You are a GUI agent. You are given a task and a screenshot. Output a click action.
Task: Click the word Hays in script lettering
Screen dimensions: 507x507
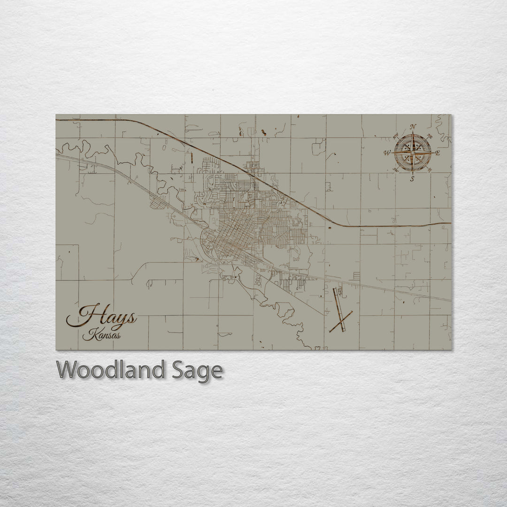(x=102, y=316)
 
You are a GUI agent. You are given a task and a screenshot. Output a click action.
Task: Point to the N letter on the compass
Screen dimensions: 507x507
(x=413, y=127)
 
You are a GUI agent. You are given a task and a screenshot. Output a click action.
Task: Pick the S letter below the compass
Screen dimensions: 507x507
(x=412, y=179)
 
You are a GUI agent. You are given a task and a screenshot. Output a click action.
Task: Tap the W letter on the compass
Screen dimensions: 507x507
(x=387, y=153)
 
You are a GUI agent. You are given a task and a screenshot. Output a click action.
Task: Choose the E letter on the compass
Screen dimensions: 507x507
(x=438, y=153)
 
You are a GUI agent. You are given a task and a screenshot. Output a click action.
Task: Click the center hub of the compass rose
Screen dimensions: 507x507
(x=413, y=153)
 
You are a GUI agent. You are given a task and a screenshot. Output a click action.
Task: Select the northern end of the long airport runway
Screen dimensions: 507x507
(x=335, y=289)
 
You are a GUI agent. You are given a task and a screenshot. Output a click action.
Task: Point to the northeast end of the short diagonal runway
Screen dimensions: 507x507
(x=352, y=312)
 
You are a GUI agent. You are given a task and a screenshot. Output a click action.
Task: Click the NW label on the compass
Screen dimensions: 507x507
(x=395, y=136)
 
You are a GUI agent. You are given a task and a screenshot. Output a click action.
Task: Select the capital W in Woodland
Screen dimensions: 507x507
(x=67, y=370)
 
